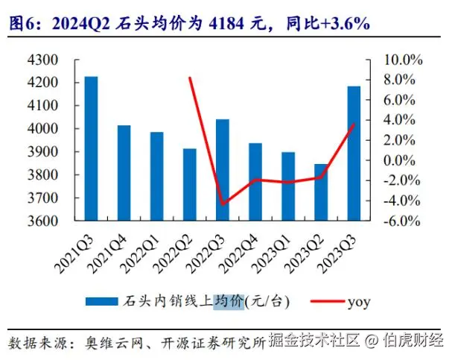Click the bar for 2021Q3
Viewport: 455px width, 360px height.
pos(91,149)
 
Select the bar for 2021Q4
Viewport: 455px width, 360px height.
pos(124,173)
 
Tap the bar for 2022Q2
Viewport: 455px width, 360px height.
pos(189,185)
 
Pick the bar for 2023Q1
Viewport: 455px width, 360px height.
pos(287,186)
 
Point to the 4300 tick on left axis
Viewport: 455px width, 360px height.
pos(54,60)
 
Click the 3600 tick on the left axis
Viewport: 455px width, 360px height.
pos(54,221)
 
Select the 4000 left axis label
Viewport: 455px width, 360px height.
pos(54,129)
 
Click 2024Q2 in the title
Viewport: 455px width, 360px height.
pos(83,24)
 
